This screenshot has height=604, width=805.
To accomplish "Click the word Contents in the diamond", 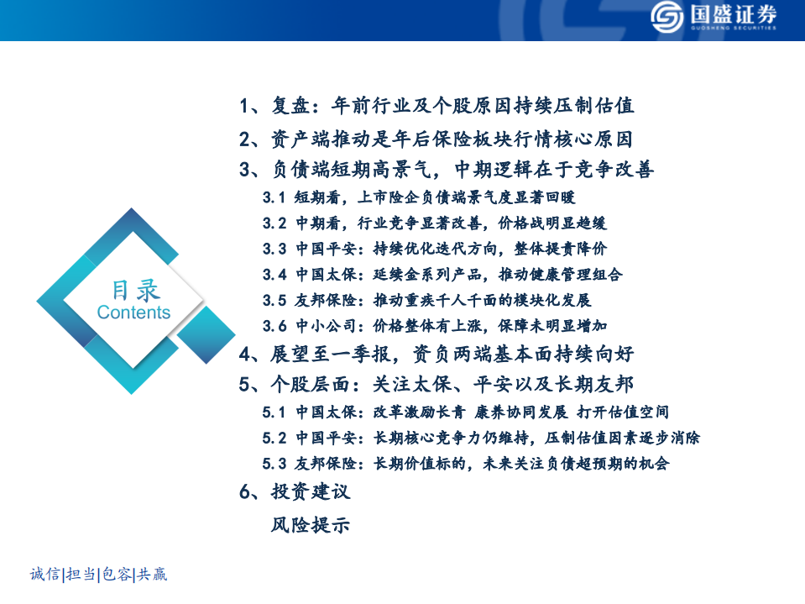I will [x=133, y=313].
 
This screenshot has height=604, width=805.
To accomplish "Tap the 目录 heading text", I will [x=135, y=290].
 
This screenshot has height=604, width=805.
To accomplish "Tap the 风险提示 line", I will [x=310, y=526].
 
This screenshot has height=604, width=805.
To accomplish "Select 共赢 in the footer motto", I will [x=152, y=575].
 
